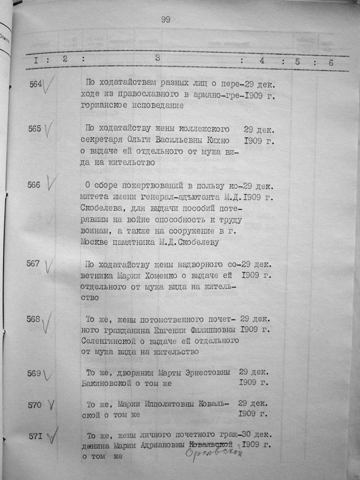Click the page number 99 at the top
(x=166, y=20)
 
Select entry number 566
(x=34, y=185)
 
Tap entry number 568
(x=33, y=319)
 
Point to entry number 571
(x=35, y=436)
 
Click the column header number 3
(x=157, y=58)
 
